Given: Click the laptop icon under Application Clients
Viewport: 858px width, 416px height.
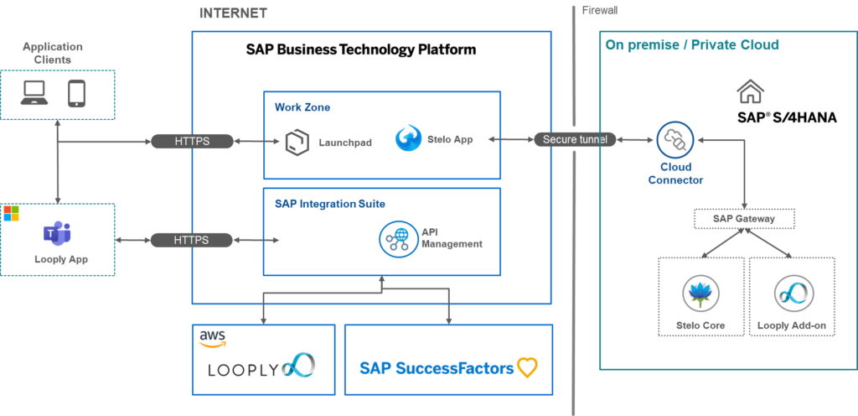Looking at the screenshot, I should coord(34,93).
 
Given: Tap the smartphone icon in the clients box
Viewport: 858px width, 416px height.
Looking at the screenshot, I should coord(77,93).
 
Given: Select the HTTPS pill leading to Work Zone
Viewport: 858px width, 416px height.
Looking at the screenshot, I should coord(192,142).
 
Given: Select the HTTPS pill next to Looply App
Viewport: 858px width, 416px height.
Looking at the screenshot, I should coord(192,240).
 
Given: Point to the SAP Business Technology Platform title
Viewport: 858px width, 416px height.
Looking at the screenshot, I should coord(361,49).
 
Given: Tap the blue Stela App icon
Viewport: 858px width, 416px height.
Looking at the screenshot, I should coord(408,138).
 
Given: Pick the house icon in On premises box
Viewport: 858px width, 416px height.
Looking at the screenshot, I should coord(749,91).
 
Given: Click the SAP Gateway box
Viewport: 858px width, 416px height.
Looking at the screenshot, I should coord(743,219).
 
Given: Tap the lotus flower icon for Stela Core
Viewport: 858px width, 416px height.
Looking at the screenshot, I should coord(700,293).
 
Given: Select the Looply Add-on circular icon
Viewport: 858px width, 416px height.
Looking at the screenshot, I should coord(791,293).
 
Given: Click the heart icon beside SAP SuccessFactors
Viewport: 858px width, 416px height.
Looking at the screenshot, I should coord(527,367).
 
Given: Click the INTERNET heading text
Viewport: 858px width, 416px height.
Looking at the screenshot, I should coord(233,13).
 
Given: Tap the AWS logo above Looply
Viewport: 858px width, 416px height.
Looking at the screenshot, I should coord(212,337).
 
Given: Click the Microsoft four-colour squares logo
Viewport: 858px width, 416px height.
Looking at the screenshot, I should coord(11,213).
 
